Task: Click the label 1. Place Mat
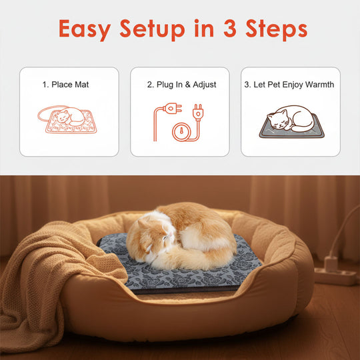pyautogui.click(x=65, y=85)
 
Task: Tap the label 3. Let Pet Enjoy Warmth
pyautogui.click(x=289, y=85)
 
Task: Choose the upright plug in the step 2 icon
pyautogui.click(x=197, y=111)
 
